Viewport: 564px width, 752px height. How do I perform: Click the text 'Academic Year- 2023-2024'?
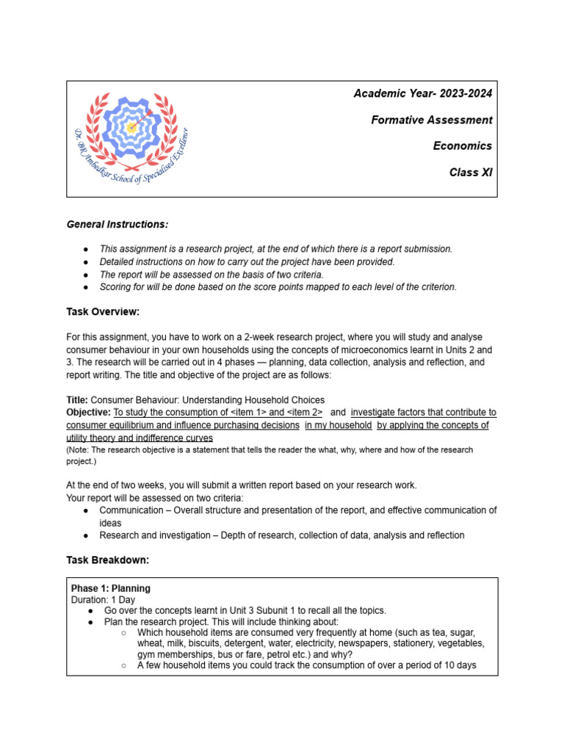tap(423, 93)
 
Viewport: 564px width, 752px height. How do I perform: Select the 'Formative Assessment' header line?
tap(431, 120)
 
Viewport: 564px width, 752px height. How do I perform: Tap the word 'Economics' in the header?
tap(462, 146)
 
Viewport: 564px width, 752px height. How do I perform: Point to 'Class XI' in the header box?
tap(471, 173)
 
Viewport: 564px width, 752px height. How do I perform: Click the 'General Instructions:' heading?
tap(117, 223)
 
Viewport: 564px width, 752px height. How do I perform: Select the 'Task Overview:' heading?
tap(103, 311)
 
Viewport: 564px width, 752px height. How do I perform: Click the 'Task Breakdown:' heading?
tap(107, 560)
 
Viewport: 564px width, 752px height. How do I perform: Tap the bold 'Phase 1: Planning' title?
tap(110, 588)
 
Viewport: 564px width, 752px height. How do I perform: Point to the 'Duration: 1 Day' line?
tap(103, 599)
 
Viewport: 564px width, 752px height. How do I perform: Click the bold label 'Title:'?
tap(77, 400)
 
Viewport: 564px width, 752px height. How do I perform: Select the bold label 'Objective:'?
tap(88, 413)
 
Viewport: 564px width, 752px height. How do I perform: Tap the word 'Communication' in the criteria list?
tap(131, 510)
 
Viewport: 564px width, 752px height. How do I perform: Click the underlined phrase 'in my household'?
tap(338, 425)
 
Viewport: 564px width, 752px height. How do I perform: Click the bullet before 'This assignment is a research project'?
tap(86, 249)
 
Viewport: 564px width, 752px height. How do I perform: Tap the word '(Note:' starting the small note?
tap(79, 449)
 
